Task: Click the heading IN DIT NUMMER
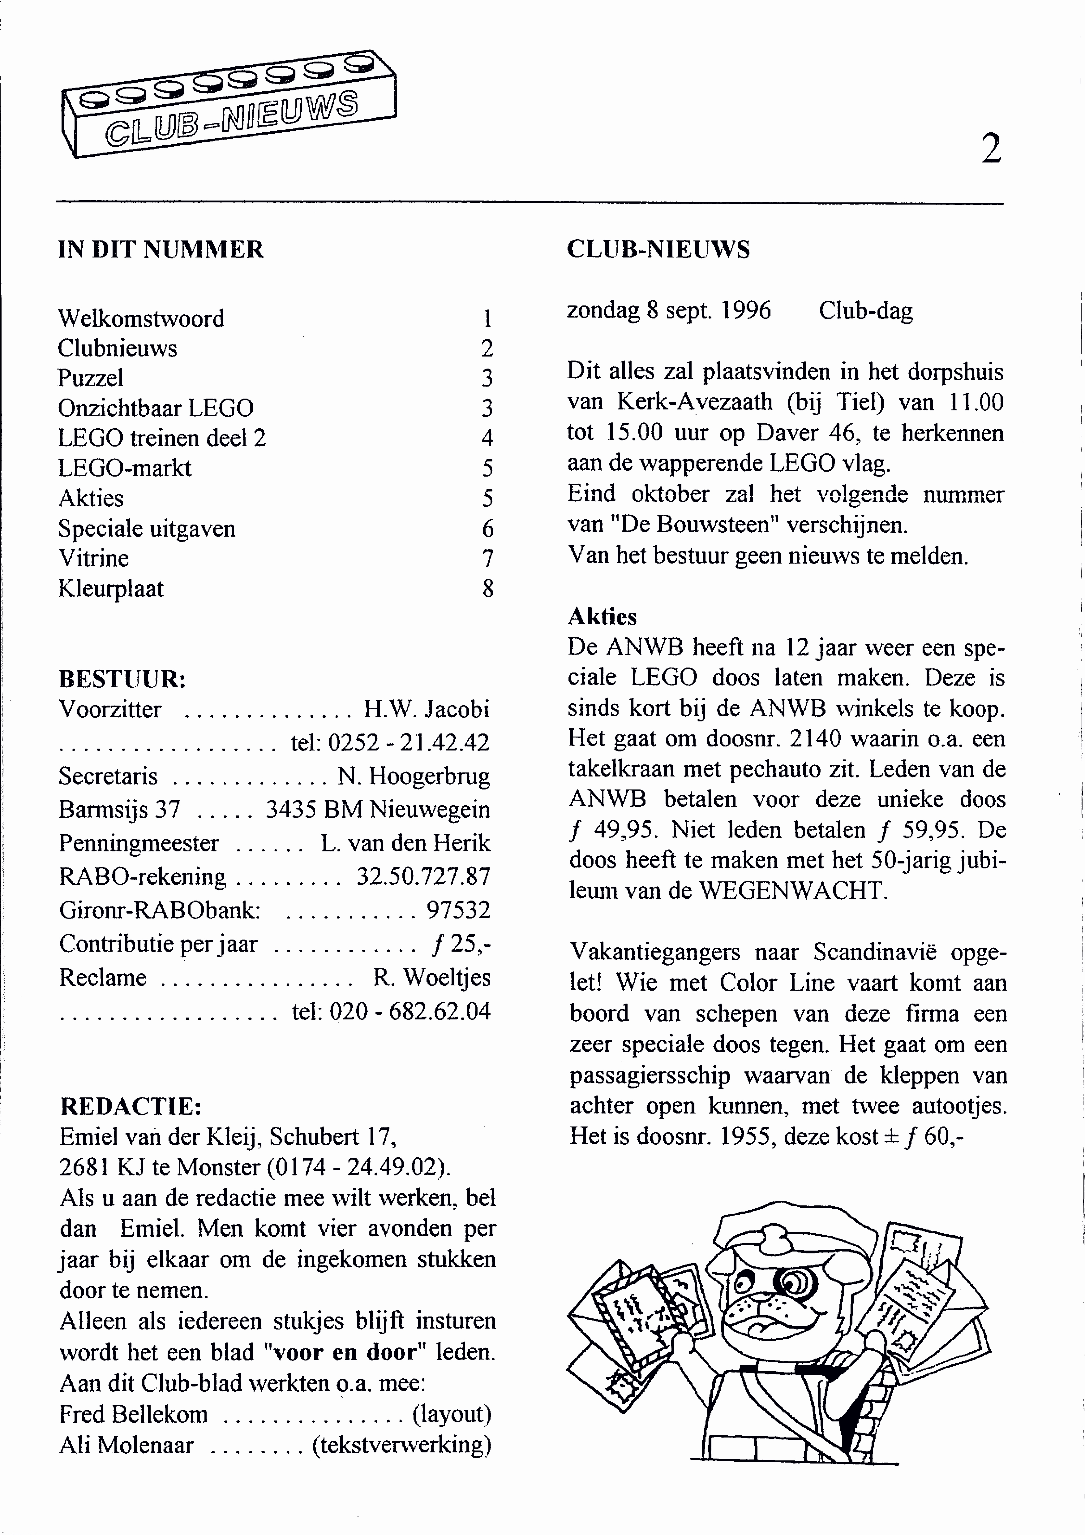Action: (x=161, y=249)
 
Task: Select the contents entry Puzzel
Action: (x=91, y=378)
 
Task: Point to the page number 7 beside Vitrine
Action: (x=488, y=558)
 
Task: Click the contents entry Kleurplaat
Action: (x=111, y=588)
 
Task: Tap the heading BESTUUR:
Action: (x=122, y=679)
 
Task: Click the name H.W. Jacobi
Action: (x=426, y=709)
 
